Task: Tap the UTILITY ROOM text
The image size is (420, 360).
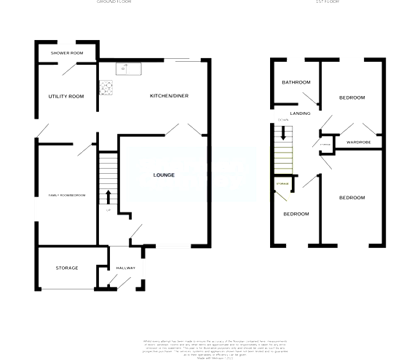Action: (66, 97)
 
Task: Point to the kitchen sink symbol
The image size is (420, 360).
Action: (130, 69)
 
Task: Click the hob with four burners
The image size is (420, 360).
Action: (108, 87)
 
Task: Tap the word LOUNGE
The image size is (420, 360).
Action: (165, 175)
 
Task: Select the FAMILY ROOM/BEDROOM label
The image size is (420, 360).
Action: (66, 196)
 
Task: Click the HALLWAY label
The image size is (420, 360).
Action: (127, 268)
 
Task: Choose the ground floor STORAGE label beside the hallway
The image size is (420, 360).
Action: (67, 268)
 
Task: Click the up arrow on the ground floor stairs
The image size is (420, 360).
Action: (108, 196)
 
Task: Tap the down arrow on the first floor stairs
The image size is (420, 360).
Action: (284, 133)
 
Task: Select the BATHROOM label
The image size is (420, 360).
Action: (296, 82)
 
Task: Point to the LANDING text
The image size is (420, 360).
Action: (301, 114)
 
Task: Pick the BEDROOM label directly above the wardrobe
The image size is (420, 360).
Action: (352, 97)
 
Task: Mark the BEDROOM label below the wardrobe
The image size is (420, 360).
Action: (352, 198)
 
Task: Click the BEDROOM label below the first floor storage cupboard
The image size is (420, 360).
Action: (296, 214)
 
